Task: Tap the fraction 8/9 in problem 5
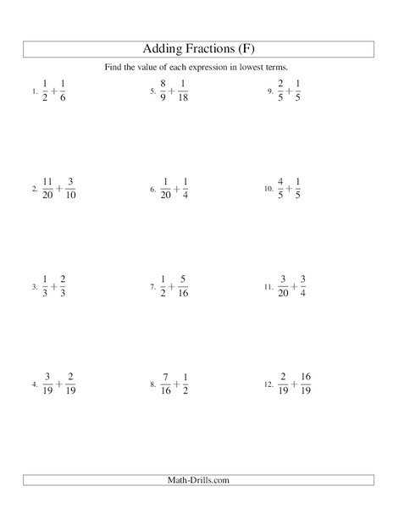[165, 91]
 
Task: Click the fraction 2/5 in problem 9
[281, 91]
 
